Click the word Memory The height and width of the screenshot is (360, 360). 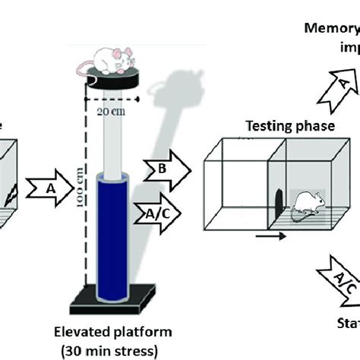pos(331,29)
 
